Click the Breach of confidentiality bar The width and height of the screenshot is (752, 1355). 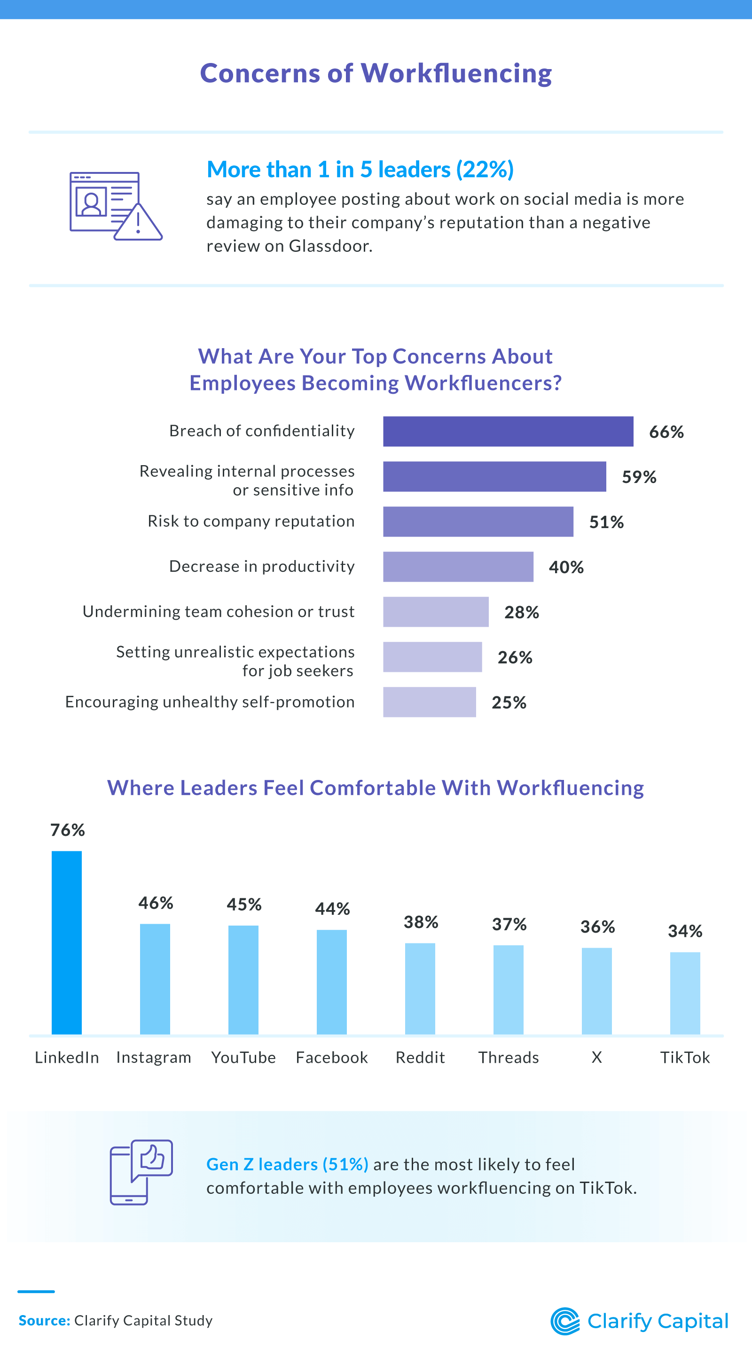coord(508,431)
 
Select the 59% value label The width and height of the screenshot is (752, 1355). coord(639,477)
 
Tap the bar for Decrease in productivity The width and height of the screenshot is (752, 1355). coord(458,567)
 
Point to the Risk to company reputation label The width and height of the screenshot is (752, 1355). coord(251,521)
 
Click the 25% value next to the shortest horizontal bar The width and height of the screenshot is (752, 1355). coord(509,702)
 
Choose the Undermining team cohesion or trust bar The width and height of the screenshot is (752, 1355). coord(436,612)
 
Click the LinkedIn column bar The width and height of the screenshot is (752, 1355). coord(67,942)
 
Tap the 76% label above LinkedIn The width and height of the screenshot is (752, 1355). coord(67,830)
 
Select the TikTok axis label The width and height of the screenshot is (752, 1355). coord(685,1057)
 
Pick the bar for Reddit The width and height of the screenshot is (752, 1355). coord(420,989)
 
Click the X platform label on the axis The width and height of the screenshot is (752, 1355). coord(596,1057)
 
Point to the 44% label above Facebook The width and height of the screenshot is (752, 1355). coord(332,908)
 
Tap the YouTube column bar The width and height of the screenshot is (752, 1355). coord(243,980)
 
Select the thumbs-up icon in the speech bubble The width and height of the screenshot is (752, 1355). coord(152,1157)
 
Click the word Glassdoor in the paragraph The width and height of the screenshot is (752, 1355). coord(329,246)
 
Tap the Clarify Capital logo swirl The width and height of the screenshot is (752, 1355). coord(564,1321)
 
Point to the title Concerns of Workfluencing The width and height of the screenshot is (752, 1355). coord(376,73)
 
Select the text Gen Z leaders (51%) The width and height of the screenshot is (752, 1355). coord(287,1165)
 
